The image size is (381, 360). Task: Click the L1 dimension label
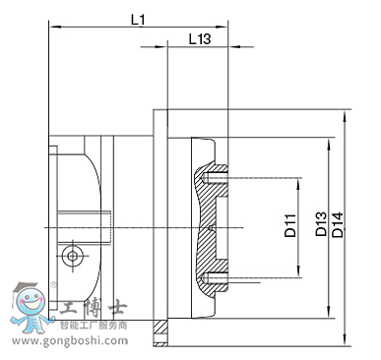[138, 20]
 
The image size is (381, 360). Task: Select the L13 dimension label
[200, 39]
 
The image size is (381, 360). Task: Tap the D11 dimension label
[290, 225]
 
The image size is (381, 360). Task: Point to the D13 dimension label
[321, 224]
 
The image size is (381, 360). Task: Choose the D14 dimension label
[338, 225]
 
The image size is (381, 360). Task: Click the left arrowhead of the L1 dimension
[53, 26]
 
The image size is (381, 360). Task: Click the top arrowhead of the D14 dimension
[345, 116]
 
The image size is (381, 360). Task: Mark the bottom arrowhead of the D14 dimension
[345, 339]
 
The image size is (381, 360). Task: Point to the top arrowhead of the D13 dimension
[328, 144]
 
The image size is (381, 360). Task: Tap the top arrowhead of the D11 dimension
[298, 183]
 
